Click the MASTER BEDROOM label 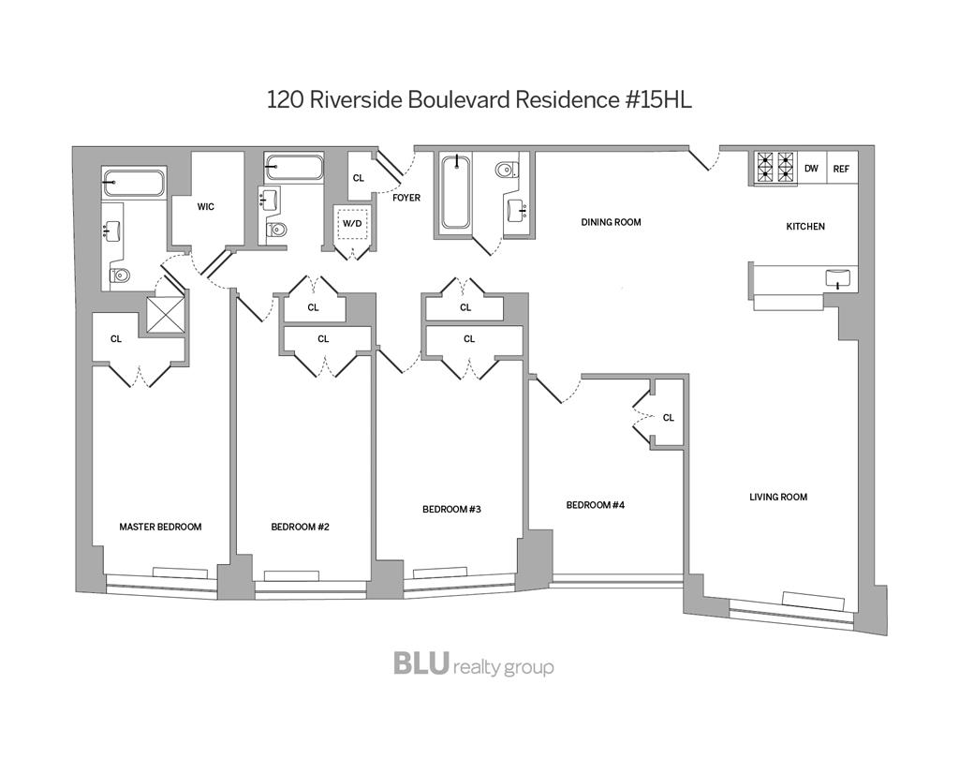point(160,527)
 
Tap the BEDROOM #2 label point(300,527)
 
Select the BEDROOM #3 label point(451,509)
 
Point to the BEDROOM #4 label point(595,505)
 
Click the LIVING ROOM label point(777,497)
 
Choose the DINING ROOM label point(611,222)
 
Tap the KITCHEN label point(805,226)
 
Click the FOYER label point(406,198)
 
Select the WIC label point(206,206)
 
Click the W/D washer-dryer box point(352,225)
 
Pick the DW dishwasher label point(811,169)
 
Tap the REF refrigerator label point(841,169)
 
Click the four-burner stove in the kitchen point(775,167)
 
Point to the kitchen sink point(838,277)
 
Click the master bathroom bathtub point(133,183)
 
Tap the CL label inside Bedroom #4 point(668,417)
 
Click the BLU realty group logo point(473,664)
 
